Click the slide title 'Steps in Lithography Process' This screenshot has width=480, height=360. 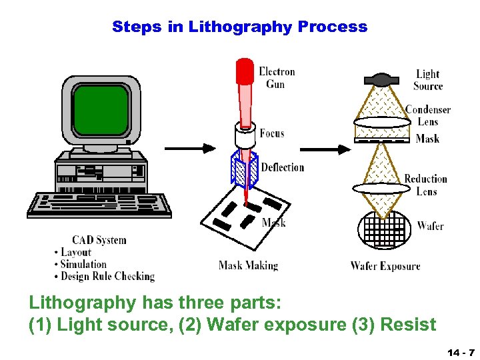click(x=239, y=27)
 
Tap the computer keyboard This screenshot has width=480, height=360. click(x=99, y=203)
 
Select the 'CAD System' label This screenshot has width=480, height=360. click(x=99, y=240)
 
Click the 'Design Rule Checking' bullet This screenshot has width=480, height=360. click(x=107, y=276)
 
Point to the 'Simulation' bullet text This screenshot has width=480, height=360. click(x=83, y=264)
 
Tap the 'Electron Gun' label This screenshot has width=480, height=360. click(x=277, y=77)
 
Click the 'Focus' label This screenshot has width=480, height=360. click(x=272, y=133)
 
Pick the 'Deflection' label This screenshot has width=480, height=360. click(x=282, y=167)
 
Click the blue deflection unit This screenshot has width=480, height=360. click(x=244, y=170)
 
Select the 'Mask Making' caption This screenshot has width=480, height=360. click(x=248, y=265)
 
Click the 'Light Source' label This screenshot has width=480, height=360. click(x=428, y=80)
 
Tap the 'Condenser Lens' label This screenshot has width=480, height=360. click(x=428, y=115)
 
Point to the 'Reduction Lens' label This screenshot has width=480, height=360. click(x=426, y=185)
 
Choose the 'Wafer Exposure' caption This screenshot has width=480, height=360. click(x=385, y=266)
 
